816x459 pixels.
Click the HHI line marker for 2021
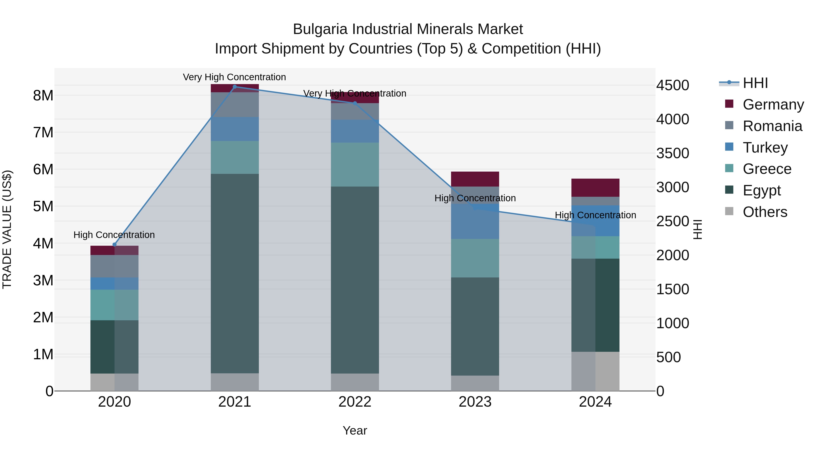click(x=235, y=87)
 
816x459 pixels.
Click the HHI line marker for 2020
click(x=114, y=245)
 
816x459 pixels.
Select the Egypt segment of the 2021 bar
click(x=235, y=273)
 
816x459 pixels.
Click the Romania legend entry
click(x=772, y=126)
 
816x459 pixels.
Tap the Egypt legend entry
click(x=762, y=190)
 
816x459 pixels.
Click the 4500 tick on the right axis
click(x=673, y=85)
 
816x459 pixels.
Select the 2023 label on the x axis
click(x=475, y=402)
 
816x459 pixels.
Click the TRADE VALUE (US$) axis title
click(x=7, y=229)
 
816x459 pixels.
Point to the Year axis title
click(x=355, y=430)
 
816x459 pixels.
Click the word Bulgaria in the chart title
click(x=320, y=29)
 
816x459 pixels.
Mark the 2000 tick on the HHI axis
click(x=673, y=255)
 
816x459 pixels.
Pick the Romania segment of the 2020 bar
click(x=114, y=266)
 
